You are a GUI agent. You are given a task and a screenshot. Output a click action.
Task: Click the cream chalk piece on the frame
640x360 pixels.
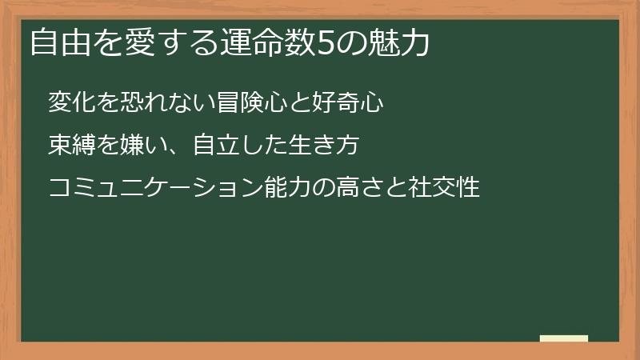[564, 338]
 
